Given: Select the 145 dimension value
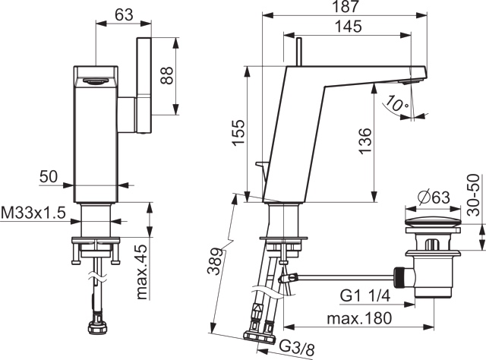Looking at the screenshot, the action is click(x=349, y=27).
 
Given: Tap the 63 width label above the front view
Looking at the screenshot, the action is click(x=124, y=14).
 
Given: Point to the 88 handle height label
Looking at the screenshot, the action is click(x=167, y=75).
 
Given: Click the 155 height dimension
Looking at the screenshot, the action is click(x=238, y=132).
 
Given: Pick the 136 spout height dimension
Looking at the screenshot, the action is click(x=365, y=141).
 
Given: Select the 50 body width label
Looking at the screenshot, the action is click(x=49, y=177).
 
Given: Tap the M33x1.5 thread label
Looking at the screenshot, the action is click(x=33, y=213).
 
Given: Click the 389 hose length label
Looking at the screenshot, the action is click(x=215, y=261).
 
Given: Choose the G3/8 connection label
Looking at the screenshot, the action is click(x=297, y=347).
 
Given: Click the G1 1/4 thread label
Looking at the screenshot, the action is click(x=365, y=296).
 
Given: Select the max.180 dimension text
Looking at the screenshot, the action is click(x=359, y=318).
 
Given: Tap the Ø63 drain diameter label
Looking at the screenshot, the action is click(x=434, y=197).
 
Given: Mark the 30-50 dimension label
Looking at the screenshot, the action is click(x=473, y=195).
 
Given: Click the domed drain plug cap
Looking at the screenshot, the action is click(x=433, y=222).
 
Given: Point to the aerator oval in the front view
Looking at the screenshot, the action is click(x=93, y=81).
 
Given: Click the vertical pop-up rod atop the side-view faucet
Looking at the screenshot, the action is click(x=299, y=52).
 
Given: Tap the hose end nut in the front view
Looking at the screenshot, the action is click(x=98, y=327).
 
